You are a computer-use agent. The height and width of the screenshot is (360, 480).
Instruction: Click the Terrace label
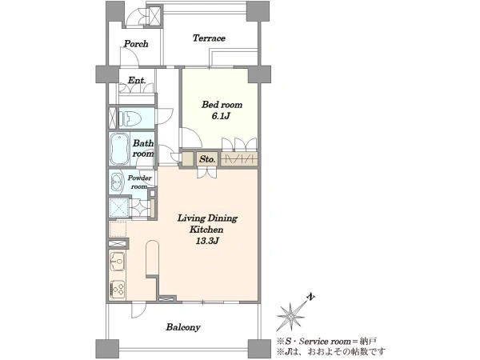pyautogui.click(x=209, y=38)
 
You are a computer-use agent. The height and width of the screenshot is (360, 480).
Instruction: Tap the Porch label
pyautogui.click(x=136, y=44)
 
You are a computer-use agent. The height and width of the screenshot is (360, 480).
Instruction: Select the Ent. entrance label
pyautogui.click(x=137, y=80)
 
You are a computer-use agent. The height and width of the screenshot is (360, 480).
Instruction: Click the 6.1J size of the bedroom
pyautogui.click(x=221, y=116)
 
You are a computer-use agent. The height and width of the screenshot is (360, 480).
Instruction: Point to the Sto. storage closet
pyautogui.click(x=207, y=159)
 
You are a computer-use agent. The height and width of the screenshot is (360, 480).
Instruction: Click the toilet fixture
pyautogui.click(x=130, y=118)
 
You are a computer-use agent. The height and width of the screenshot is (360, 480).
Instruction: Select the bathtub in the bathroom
pyautogui.click(x=118, y=150)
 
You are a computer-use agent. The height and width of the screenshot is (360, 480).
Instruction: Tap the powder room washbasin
pyautogui.click(x=116, y=182)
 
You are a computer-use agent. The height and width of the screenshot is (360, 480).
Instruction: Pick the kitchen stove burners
pyautogui.click(x=118, y=290)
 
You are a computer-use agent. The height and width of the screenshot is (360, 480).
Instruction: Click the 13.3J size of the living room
pyautogui.click(x=207, y=241)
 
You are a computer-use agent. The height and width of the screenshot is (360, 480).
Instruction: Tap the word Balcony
pyautogui.click(x=183, y=327)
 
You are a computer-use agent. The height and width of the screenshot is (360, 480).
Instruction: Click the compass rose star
pyautogui.click(x=290, y=317)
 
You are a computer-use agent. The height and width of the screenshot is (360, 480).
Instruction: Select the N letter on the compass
pyautogui.click(x=311, y=297)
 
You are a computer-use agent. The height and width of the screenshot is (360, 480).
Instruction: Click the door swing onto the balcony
pyautogui.click(x=138, y=310)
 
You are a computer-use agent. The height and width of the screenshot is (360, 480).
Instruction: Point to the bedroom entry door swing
pyautogui.click(x=193, y=138)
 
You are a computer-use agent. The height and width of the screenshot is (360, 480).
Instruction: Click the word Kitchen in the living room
pyautogui.click(x=206, y=230)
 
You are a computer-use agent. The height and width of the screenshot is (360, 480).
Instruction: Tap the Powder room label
pyautogui.click(x=139, y=182)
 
